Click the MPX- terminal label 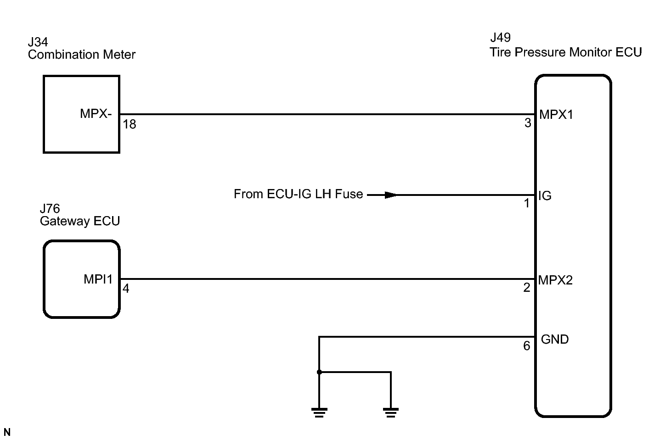96,114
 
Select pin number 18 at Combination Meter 130,124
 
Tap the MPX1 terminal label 556,115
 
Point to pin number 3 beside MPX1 528,123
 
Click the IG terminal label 545,195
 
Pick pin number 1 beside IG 527,203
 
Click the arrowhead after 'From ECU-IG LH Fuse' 391,195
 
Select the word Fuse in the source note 349,194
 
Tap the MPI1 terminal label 98,279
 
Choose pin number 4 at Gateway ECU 126,289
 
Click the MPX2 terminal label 555,280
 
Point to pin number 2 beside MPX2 527,288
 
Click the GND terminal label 555,340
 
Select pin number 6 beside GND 527,346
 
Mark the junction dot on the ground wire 319,372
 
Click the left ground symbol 319,412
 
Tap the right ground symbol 391,412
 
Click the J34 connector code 38,42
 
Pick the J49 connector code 501,37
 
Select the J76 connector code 50,208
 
